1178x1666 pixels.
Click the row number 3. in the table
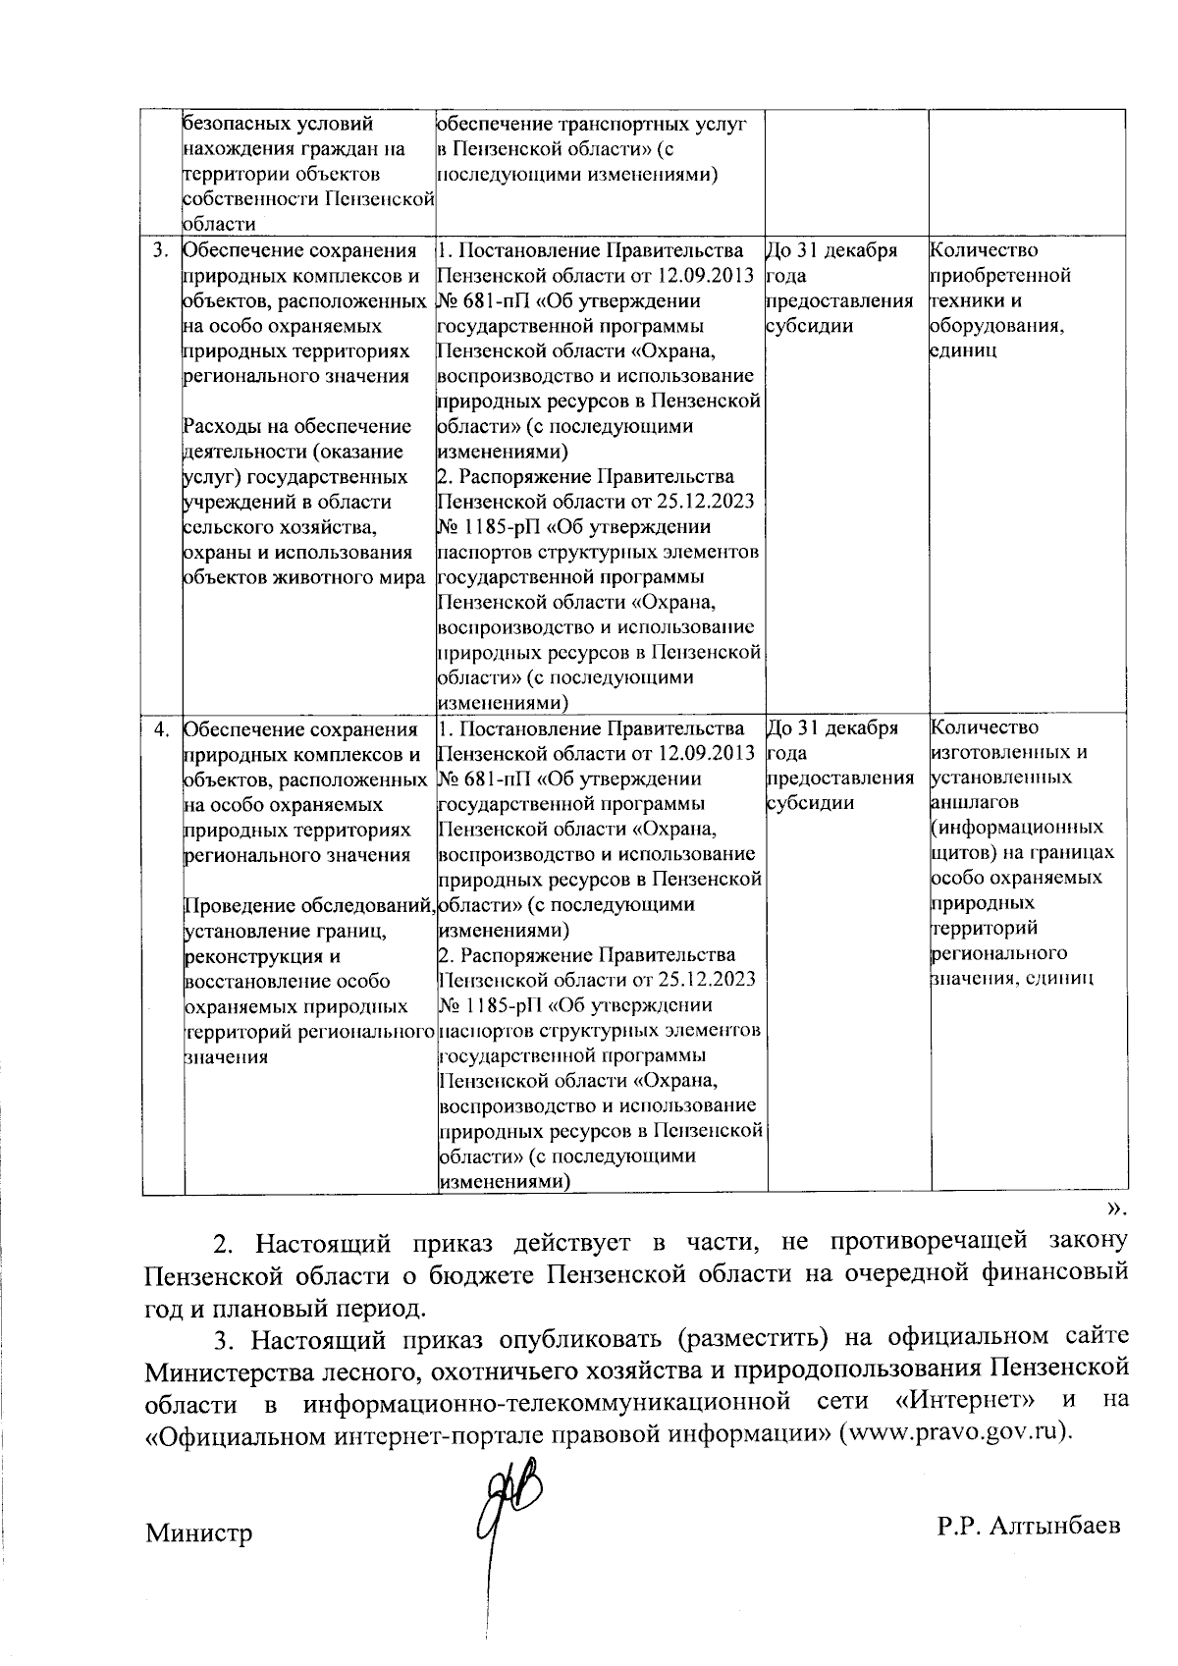(x=160, y=251)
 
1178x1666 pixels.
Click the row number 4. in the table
(x=160, y=729)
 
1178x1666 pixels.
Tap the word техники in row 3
(x=963, y=301)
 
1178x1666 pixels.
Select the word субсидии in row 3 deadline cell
(x=809, y=326)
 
